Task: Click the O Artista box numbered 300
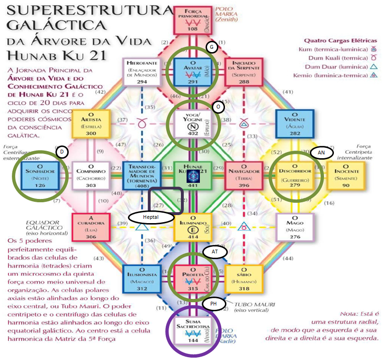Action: [91, 124]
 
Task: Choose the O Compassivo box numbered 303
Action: [90, 176]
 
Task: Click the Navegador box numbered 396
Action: [244, 176]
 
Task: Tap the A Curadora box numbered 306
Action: [91, 227]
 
